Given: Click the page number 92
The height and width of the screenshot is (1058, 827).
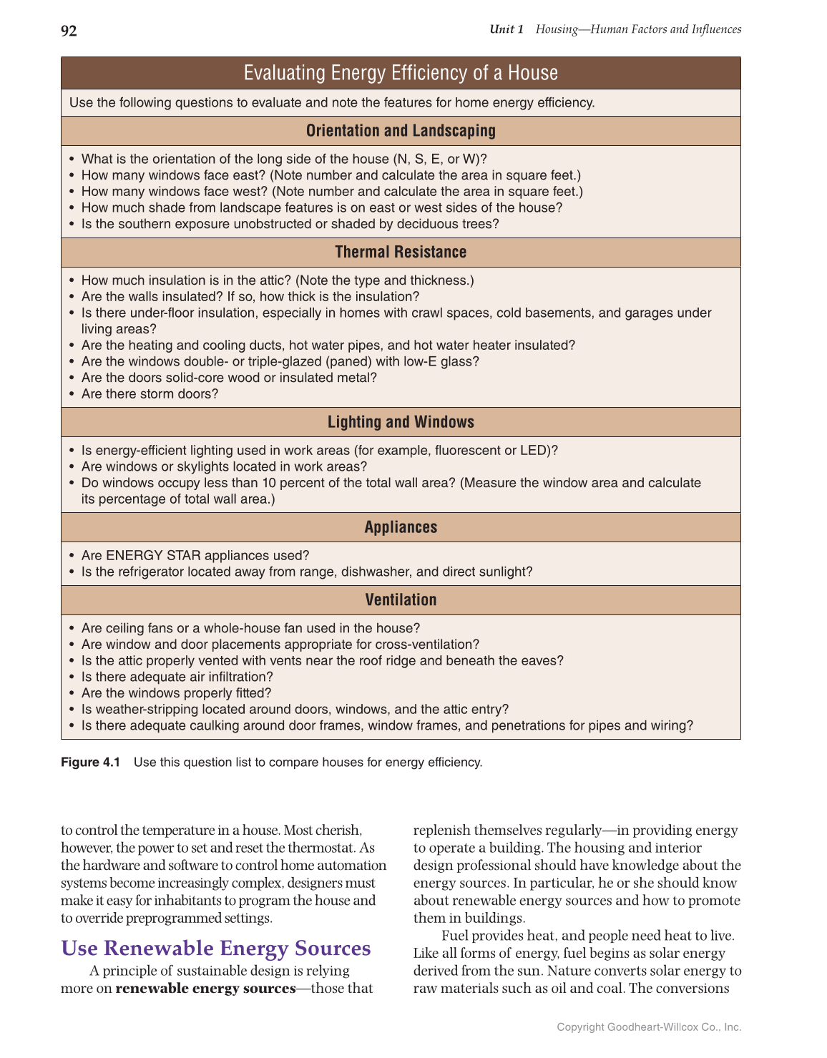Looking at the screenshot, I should pos(69,31).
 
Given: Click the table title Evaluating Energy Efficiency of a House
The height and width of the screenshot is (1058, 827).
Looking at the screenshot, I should pos(401,73).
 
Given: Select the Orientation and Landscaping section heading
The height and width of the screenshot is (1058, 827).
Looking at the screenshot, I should pos(401,131).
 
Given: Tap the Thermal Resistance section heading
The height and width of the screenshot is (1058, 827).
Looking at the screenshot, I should pos(401,252).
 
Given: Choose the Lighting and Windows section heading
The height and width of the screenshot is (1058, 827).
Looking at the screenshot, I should pos(401,422).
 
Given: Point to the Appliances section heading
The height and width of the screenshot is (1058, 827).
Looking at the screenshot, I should pos(401,527).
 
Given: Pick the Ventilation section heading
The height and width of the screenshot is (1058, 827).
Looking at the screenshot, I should pos(401,600).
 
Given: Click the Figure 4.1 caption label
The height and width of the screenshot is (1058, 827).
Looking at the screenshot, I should pos(91,763).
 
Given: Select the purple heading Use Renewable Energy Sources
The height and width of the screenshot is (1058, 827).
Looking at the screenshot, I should pos(216,949).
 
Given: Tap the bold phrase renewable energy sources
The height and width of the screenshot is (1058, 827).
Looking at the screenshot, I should pos(205,989).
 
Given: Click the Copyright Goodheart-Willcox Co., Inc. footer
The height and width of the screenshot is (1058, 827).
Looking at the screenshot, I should pos(649,1027).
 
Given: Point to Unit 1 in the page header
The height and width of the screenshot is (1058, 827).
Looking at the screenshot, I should pos(507,29).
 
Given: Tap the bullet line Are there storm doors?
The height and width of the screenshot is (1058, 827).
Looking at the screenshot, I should pos(150,394).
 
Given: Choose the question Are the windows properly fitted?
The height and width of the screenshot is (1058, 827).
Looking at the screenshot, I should pos(176,693).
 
